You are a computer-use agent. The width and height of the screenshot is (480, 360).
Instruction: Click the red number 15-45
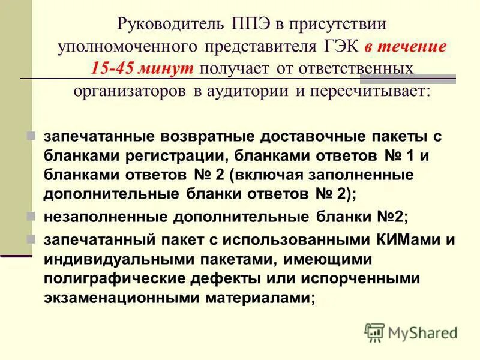113,67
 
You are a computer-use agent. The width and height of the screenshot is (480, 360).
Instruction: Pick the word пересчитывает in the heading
379,90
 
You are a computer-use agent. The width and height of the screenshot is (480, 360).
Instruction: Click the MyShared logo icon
375,332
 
